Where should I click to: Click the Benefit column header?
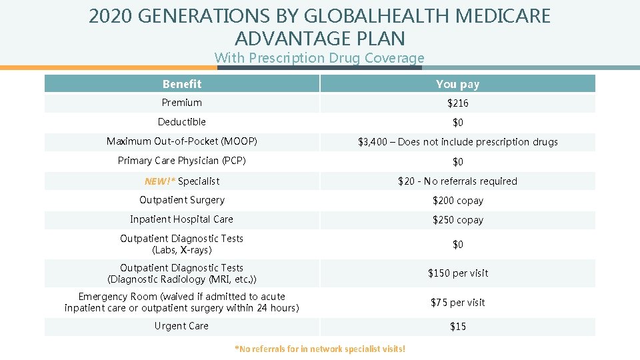click(181, 83)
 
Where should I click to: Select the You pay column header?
click(457, 83)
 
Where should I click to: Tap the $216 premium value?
click(457, 103)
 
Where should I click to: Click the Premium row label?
click(181, 103)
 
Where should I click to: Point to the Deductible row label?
click(181, 122)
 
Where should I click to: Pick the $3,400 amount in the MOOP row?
click(374, 142)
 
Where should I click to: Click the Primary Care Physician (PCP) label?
click(181, 161)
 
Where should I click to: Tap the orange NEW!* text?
click(160, 181)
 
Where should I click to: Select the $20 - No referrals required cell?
click(457, 181)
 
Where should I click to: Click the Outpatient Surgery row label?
click(181, 200)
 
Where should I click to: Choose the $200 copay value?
click(457, 201)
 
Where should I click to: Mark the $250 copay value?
click(457, 220)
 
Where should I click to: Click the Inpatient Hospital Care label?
click(181, 219)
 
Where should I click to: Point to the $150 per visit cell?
click(457, 273)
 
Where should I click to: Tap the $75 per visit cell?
click(457, 303)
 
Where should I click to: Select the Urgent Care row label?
click(181, 326)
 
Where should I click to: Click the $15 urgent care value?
click(457, 327)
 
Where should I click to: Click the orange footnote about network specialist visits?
click(320, 349)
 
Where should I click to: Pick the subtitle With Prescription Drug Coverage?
click(319, 58)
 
